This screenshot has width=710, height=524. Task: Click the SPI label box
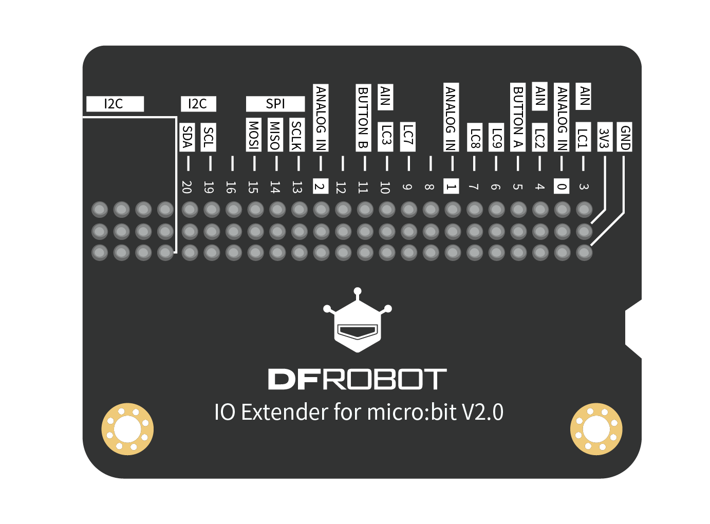[275, 104]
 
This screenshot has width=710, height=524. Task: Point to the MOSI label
[253, 135]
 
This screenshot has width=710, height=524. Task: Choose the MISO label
[275, 135]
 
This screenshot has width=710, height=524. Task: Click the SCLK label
[296, 135]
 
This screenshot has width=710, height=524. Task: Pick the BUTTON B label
[363, 118]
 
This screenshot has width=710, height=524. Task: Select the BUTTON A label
[518, 117]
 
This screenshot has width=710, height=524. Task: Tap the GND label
[625, 137]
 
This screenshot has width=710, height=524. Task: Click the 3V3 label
[605, 137]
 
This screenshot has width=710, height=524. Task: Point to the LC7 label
[407, 137]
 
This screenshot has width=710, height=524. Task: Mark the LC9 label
[496, 137]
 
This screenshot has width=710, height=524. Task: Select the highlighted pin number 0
[562, 186]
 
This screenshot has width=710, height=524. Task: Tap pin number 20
[187, 187]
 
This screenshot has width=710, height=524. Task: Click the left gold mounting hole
[127, 429]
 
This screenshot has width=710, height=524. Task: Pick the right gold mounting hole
[596, 429]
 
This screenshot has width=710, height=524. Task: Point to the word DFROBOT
[357, 380]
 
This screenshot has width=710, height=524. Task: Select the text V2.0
[482, 412]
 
